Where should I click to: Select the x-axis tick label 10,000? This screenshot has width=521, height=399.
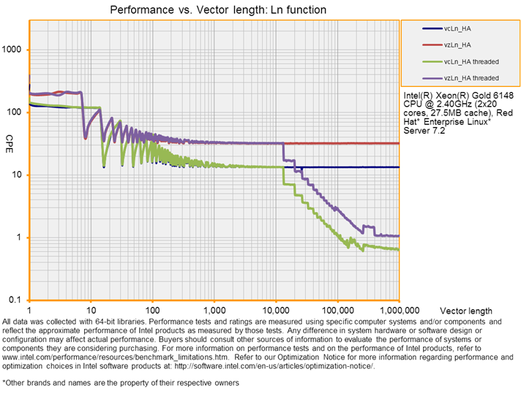[276, 311]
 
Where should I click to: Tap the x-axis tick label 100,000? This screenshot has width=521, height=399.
[337, 311]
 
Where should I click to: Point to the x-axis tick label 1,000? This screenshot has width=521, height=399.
[214, 311]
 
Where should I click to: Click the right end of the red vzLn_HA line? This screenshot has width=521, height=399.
[398, 143]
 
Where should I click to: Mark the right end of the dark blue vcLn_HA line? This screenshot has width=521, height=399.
[398, 167]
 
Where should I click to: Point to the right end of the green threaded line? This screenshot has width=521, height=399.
[398, 249]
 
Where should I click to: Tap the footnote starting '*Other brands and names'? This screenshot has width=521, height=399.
[121, 382]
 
